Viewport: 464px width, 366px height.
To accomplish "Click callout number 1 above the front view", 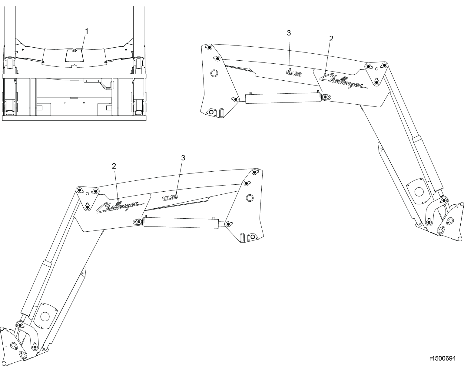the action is coord(87,31).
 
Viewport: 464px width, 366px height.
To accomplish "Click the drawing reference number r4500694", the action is coord(443,358).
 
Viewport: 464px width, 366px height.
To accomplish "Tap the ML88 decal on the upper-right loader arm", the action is coord(294,73).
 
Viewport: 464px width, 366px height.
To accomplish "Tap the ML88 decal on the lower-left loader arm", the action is coord(170,197).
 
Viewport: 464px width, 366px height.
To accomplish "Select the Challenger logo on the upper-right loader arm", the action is coord(344,81).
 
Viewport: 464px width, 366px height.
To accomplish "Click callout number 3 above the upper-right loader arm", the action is coord(289,33).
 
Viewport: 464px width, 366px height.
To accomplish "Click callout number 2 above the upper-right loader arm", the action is coord(331,39).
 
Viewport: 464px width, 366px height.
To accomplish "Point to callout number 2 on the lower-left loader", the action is coord(114,166).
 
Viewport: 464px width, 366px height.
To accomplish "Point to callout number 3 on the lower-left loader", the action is coord(183,158).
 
